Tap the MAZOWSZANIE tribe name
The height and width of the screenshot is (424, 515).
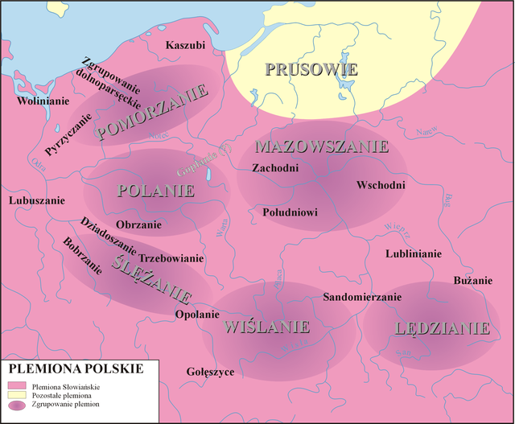pos(321,146)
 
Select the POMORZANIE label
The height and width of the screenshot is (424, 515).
pos(152,114)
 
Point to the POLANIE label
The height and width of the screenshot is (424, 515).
pos(156,191)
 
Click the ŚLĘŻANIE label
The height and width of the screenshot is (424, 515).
pos(152,275)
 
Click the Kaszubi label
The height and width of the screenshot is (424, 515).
pos(185,45)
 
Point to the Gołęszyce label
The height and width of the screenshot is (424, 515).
pos(210,372)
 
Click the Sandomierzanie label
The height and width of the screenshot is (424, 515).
pos(361,297)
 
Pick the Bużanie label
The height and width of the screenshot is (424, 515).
pos(472,280)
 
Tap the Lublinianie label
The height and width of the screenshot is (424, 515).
pos(414,253)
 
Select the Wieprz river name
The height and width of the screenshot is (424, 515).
pos(398,231)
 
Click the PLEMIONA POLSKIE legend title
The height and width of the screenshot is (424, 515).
pos(76,368)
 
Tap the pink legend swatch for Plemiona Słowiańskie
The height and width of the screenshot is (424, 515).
pos(17,387)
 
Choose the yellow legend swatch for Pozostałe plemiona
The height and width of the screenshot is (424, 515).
pos(17,396)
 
